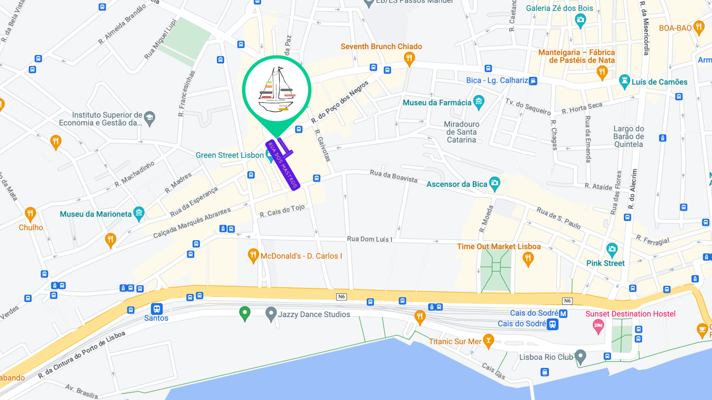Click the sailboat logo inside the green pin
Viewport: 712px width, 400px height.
(x=277, y=90)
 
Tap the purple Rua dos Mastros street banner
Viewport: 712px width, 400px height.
(x=283, y=165)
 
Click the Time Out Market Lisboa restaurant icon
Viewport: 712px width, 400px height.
(x=528, y=258)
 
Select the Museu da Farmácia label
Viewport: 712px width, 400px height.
(x=437, y=103)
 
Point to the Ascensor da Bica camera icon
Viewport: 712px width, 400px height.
(x=495, y=183)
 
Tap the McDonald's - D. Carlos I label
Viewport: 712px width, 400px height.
(x=301, y=256)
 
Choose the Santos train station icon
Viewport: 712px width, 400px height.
(x=157, y=308)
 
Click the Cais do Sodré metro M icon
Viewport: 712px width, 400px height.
(x=563, y=314)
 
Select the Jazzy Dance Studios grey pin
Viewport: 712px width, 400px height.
(x=271, y=314)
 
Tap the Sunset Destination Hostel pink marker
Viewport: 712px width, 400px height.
(x=598, y=326)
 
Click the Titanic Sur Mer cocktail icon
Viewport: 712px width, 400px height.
(x=489, y=341)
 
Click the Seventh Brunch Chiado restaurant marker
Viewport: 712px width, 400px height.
(x=409, y=58)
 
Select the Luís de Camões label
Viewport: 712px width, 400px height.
(x=659, y=82)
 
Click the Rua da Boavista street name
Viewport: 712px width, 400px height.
(x=393, y=175)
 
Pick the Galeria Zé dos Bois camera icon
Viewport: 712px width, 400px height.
(x=580, y=19)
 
